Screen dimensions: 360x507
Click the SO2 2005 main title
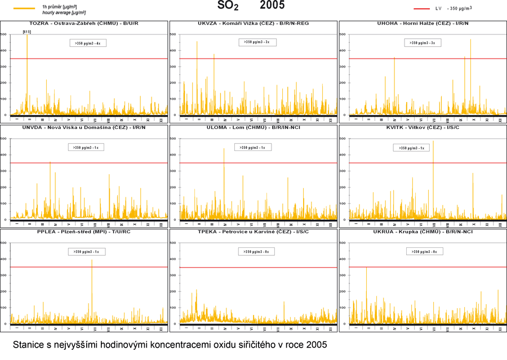(x=251, y=6)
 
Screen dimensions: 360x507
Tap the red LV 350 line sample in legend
(x=421, y=8)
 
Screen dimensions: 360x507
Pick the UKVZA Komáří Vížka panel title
(x=253, y=24)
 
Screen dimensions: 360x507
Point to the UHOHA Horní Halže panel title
(x=422, y=24)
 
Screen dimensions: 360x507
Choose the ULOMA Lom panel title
(x=253, y=127)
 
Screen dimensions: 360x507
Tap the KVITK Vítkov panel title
(x=422, y=127)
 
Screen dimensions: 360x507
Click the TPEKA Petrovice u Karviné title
(x=253, y=232)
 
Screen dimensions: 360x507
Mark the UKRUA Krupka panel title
(x=422, y=232)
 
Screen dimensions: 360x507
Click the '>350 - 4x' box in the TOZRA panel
(x=88, y=43)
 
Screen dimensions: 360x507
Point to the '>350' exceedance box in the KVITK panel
(x=411, y=148)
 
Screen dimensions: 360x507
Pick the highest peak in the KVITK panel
(x=433, y=142)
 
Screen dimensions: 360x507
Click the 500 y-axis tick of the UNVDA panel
(x=5, y=139)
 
